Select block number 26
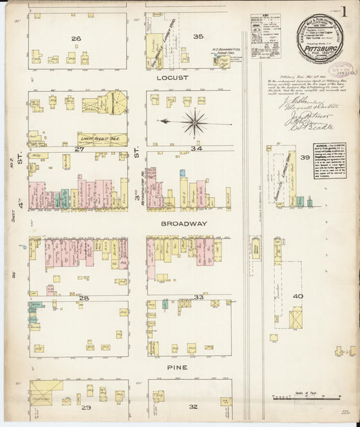(76, 38)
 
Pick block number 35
(198, 36)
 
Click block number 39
(305, 157)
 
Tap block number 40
(297, 296)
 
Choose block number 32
(194, 406)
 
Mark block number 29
(86, 408)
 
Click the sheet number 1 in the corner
(344, 11)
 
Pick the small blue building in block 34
(182, 173)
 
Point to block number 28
(84, 297)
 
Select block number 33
(199, 297)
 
